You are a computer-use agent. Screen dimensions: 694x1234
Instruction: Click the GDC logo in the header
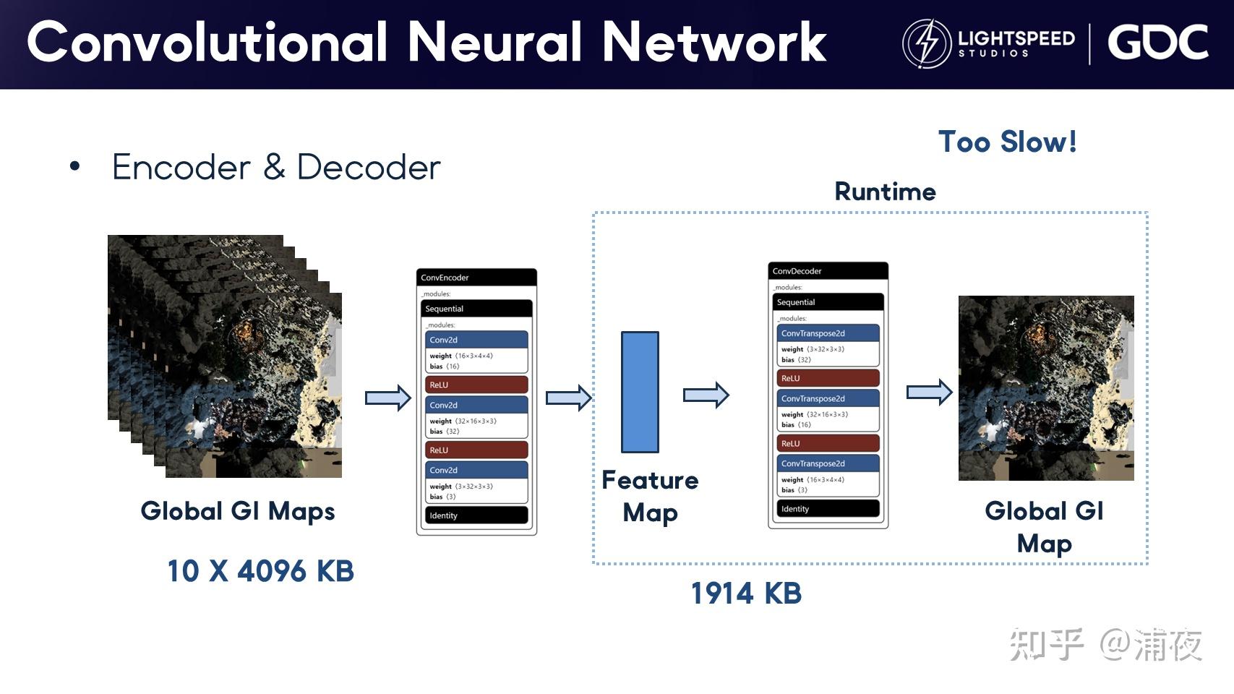1157,43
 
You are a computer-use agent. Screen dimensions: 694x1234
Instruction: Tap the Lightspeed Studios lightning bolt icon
927,43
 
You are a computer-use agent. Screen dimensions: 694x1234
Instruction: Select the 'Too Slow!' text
1007,142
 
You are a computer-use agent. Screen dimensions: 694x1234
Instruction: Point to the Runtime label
885,192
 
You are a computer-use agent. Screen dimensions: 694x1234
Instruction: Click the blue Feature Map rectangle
640,392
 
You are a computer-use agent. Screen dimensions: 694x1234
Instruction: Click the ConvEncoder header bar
476,278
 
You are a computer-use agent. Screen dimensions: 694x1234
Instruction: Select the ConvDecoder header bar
828,271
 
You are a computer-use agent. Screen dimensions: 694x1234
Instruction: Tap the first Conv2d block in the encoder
476,340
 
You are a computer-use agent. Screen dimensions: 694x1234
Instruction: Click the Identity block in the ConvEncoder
476,515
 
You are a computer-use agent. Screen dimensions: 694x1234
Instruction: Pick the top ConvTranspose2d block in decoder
828,333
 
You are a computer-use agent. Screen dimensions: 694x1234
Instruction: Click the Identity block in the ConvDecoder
828,509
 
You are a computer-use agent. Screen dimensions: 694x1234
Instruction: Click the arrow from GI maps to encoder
388,398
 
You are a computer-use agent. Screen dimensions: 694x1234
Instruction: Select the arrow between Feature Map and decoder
706,395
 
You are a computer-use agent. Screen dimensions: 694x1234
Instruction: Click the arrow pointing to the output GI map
930,393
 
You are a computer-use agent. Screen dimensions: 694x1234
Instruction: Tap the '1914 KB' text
746,594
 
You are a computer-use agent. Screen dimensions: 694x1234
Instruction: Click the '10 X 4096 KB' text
260,571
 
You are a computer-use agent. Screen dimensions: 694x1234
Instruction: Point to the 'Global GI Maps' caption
238,511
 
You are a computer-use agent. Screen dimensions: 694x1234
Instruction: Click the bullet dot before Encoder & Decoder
75,167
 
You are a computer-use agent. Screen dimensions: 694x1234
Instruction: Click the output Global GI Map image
1046,388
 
